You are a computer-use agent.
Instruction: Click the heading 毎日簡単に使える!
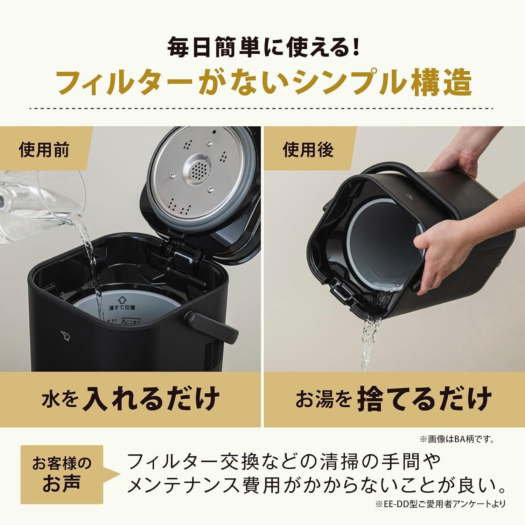click(262, 48)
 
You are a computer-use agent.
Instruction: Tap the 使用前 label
click(43, 150)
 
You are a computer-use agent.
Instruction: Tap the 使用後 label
click(308, 150)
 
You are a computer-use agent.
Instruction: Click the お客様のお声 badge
click(62, 474)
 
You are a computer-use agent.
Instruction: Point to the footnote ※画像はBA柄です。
click(457, 439)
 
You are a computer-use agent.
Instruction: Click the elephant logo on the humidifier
click(65, 336)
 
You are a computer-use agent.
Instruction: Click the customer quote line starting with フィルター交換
click(283, 462)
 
